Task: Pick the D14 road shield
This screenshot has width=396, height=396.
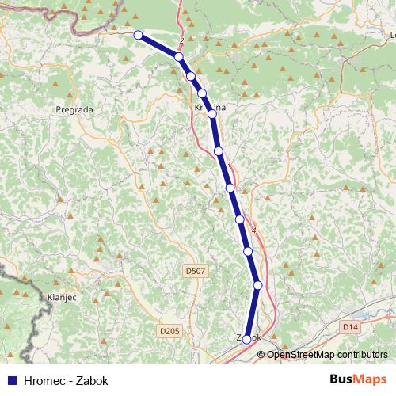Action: tap(351, 326)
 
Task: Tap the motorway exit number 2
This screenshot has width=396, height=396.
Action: tap(182, 40)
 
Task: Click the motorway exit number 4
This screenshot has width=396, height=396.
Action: tap(254, 230)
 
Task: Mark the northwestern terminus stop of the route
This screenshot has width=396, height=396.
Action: tap(139, 35)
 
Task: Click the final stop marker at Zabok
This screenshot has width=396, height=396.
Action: tap(247, 339)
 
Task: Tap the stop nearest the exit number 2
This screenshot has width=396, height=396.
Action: tap(180, 57)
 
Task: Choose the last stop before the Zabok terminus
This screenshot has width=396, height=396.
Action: tap(257, 285)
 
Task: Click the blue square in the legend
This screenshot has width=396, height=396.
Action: tap(11, 379)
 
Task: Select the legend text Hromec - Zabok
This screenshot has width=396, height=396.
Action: tap(67, 379)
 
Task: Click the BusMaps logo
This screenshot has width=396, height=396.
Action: tap(357, 379)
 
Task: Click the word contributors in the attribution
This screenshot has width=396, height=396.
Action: tap(361, 354)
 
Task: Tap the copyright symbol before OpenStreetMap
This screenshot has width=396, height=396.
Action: tap(261, 354)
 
